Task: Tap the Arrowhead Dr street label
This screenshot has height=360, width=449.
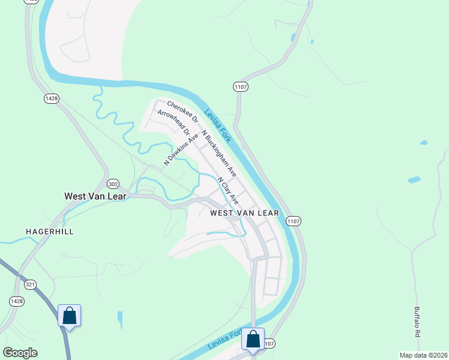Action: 173,122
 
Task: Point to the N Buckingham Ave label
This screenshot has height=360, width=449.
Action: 218,154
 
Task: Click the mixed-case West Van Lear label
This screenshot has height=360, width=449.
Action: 95,196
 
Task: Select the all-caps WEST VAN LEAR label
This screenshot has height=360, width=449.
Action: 244,213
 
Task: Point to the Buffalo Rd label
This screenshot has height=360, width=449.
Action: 417,322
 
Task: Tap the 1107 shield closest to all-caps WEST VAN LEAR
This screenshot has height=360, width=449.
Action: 294,221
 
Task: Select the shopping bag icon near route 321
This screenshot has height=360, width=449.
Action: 69,315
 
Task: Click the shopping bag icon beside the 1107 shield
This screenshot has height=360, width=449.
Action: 253,339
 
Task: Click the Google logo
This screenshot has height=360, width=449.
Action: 20,353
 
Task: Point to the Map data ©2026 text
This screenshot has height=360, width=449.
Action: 424,355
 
